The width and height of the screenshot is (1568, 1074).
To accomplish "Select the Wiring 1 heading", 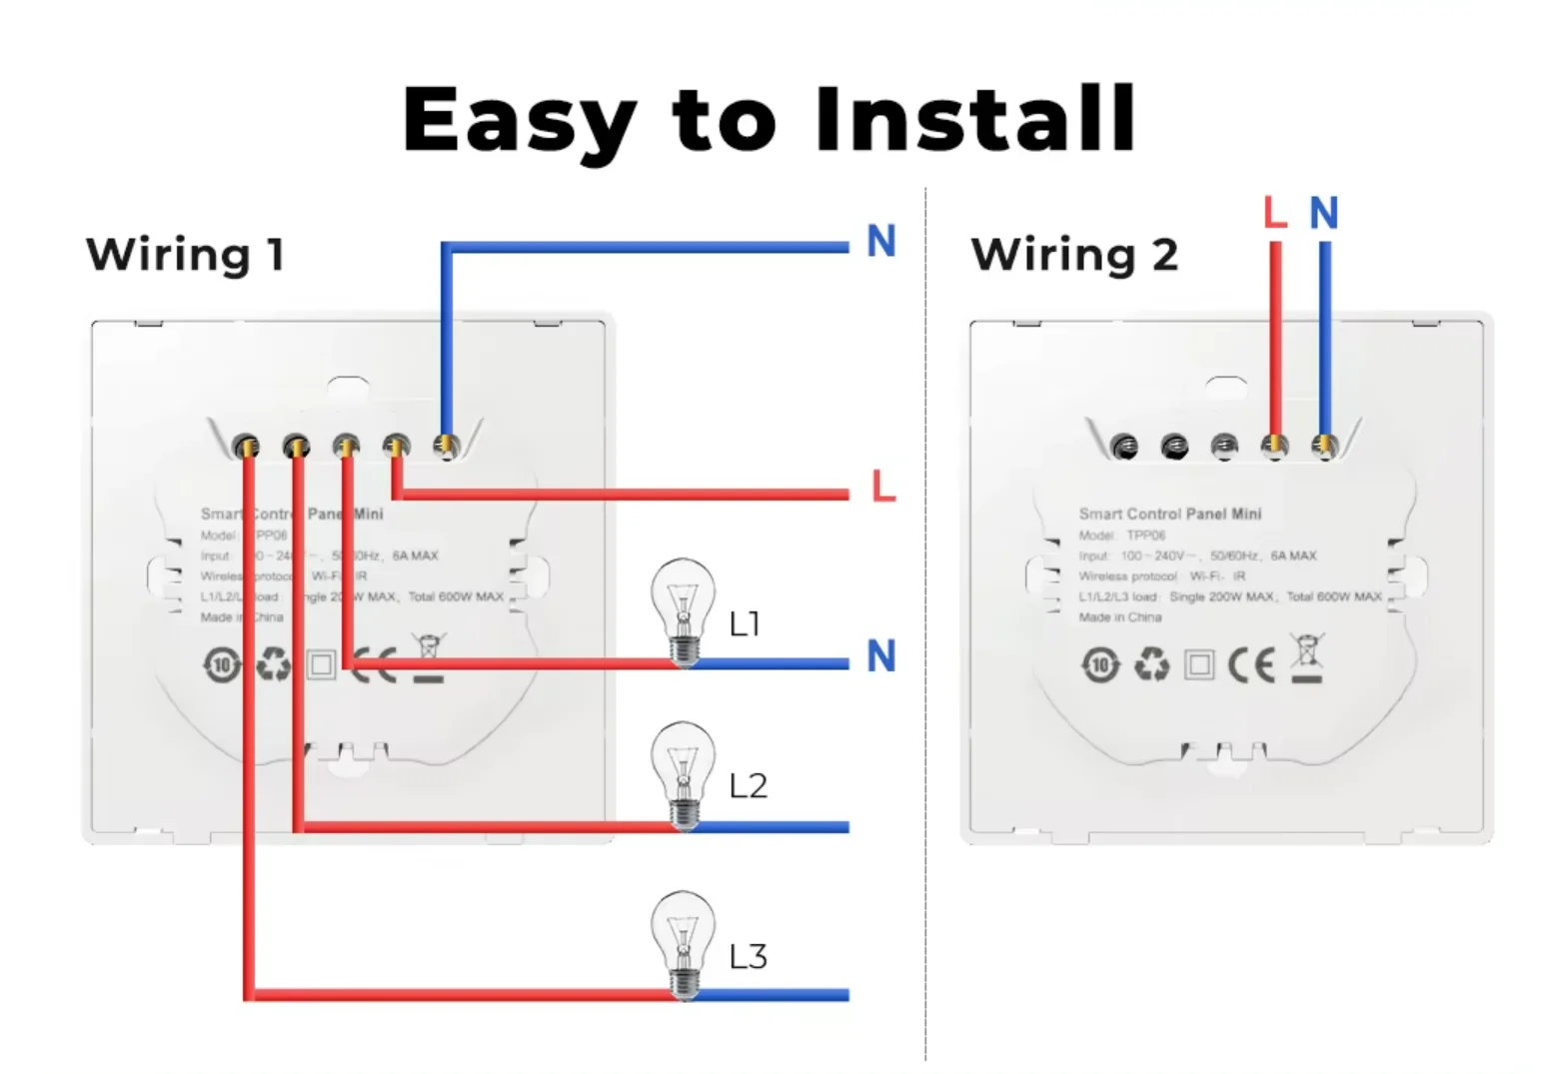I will (186, 255).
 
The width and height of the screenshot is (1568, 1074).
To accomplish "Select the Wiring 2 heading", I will (1074, 255).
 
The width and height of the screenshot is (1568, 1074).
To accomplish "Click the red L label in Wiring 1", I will (883, 487).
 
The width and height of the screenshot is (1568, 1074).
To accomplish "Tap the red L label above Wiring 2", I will (1274, 212).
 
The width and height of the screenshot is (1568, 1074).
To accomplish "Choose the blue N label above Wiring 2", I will (1323, 213).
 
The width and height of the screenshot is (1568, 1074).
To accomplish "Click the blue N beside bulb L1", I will (880, 656).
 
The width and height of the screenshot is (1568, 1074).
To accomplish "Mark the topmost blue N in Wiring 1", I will (880, 241).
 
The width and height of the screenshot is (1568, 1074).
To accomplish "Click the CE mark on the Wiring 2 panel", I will (1251, 664).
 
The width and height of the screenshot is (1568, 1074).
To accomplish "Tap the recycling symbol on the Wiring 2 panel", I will (1151, 664).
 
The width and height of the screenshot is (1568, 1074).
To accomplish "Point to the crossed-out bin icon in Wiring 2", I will (1306, 658).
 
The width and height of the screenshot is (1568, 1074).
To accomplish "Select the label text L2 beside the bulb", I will (748, 786).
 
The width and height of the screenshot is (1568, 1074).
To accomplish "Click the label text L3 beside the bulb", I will (748, 957).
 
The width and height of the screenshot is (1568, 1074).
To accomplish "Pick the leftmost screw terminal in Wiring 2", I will (1124, 447).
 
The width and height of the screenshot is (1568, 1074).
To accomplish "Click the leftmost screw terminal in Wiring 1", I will (245, 446).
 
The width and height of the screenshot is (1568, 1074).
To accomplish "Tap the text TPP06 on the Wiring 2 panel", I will (1145, 536).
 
